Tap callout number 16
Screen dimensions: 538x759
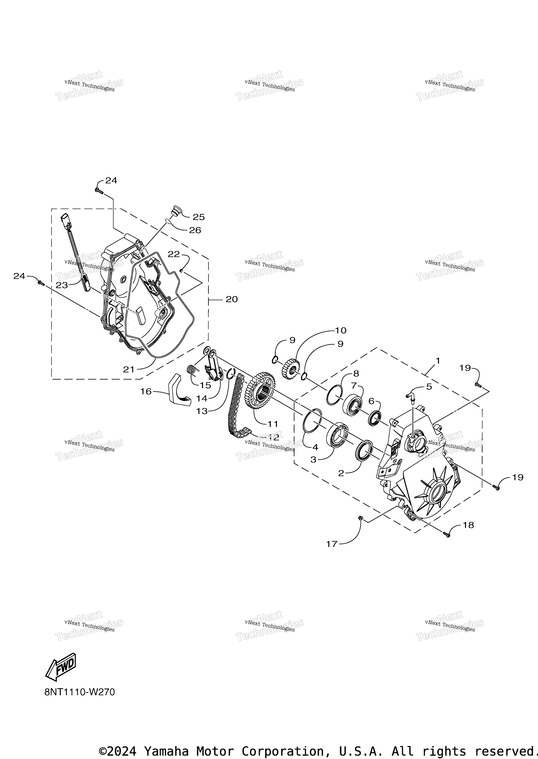[146, 391]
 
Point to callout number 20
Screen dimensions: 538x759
[232, 299]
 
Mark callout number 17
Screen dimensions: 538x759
[332, 544]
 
